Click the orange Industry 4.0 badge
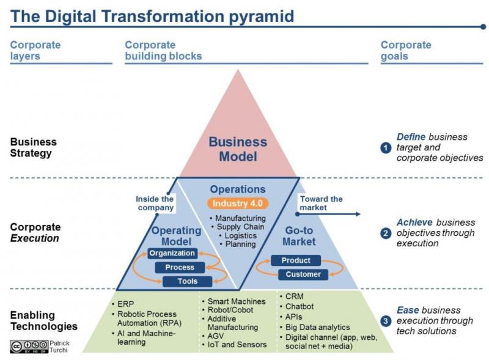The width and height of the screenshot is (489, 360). pyautogui.click(x=238, y=204)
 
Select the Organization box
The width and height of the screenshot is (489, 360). pyautogui.click(x=172, y=253)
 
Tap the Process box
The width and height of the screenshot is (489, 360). pyautogui.click(x=180, y=267)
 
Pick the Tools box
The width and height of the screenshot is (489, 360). pyautogui.click(x=188, y=281)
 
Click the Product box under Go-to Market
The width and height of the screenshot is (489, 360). pyautogui.click(x=296, y=260)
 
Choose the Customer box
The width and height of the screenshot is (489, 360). pyautogui.click(x=303, y=274)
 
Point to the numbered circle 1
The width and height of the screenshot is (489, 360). pyautogui.click(x=386, y=147)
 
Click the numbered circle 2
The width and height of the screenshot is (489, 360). pyautogui.click(x=386, y=233)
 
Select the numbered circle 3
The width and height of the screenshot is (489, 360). pyautogui.click(x=386, y=321)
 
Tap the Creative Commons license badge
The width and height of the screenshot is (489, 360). pyautogui.click(x=29, y=347)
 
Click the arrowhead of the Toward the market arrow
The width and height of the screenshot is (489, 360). pyautogui.click(x=358, y=214)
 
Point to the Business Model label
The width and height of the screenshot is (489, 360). pyautogui.click(x=238, y=149)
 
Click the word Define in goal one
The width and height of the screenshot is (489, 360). pyautogui.click(x=411, y=137)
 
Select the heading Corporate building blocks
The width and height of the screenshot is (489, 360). pyautogui.click(x=163, y=51)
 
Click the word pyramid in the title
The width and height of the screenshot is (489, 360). pyautogui.click(x=262, y=17)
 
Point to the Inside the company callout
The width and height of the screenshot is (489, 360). pyautogui.click(x=155, y=203)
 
